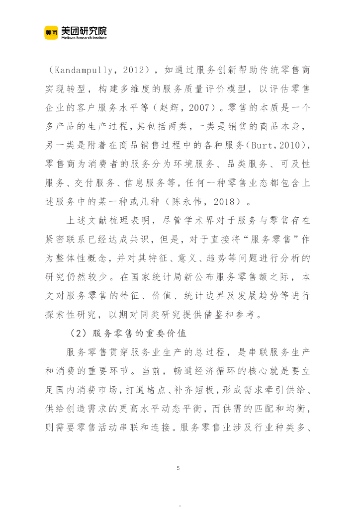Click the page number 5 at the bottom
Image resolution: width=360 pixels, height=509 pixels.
(178, 468)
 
